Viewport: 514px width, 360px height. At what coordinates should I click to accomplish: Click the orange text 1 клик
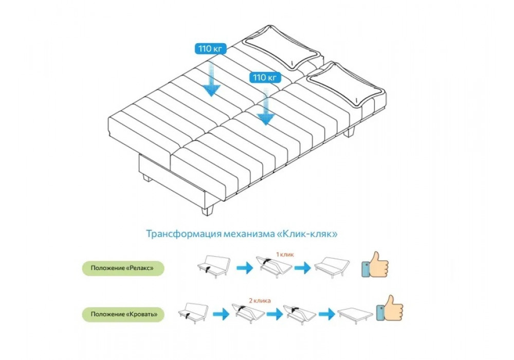tap(285, 254)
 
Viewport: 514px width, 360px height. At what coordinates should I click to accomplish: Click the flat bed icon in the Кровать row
tap(355, 313)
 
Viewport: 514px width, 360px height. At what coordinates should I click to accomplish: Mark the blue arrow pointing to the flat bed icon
tap(326, 313)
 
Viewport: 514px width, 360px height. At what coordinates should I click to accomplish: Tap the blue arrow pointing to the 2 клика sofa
tap(221, 313)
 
